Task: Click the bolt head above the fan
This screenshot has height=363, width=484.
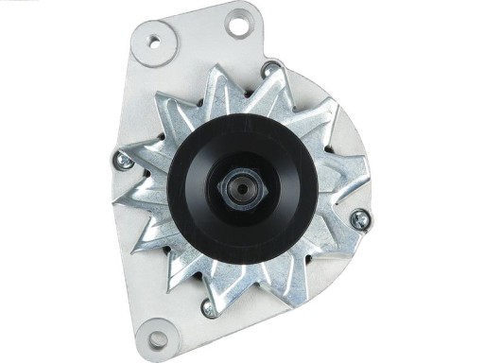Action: click(272, 68)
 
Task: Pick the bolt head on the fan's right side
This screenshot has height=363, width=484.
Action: click(359, 221)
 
